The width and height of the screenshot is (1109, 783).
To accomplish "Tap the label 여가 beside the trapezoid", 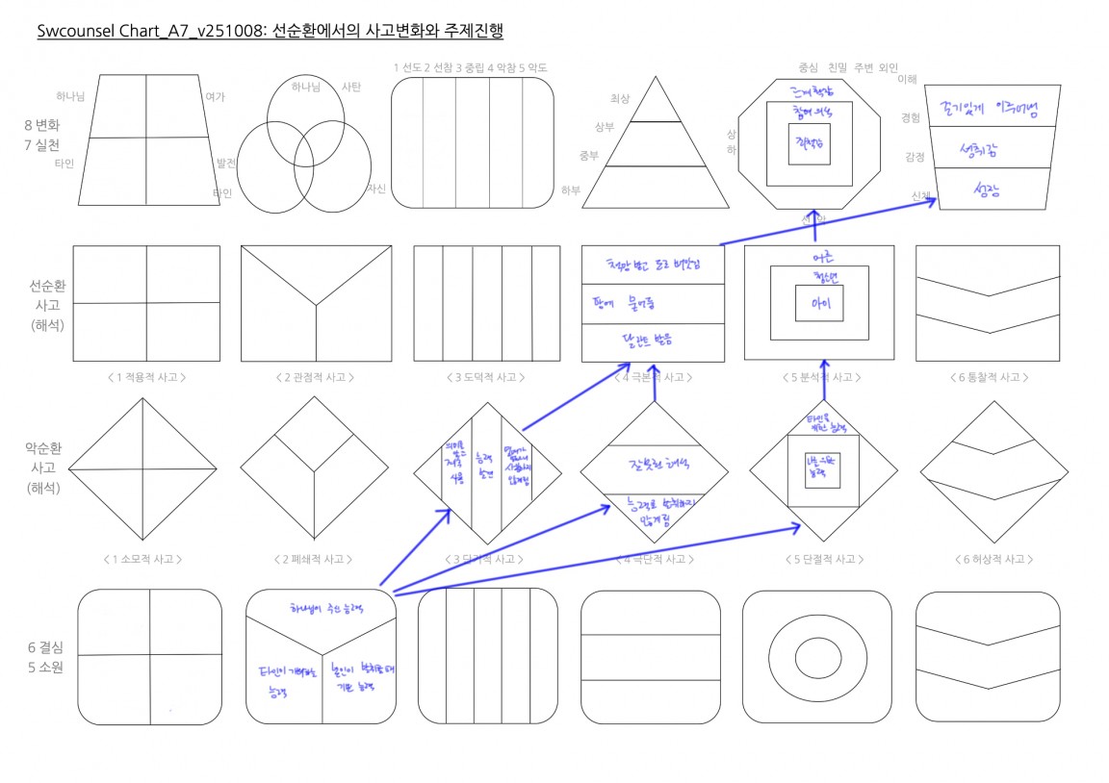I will tap(215, 96).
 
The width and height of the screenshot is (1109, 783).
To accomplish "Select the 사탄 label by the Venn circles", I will tap(351, 88).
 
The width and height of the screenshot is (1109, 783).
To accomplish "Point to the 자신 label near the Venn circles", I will tap(375, 189).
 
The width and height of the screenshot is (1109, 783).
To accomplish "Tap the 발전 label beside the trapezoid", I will tap(227, 164).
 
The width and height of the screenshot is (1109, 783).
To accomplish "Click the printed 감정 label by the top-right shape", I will tap(915, 156).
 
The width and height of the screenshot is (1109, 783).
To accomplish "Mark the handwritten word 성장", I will tap(988, 189).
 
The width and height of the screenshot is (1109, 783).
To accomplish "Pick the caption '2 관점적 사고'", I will tap(316, 377).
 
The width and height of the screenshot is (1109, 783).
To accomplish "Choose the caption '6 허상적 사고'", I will tap(991, 559).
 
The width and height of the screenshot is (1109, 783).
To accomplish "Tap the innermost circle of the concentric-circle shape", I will tap(816, 658).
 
